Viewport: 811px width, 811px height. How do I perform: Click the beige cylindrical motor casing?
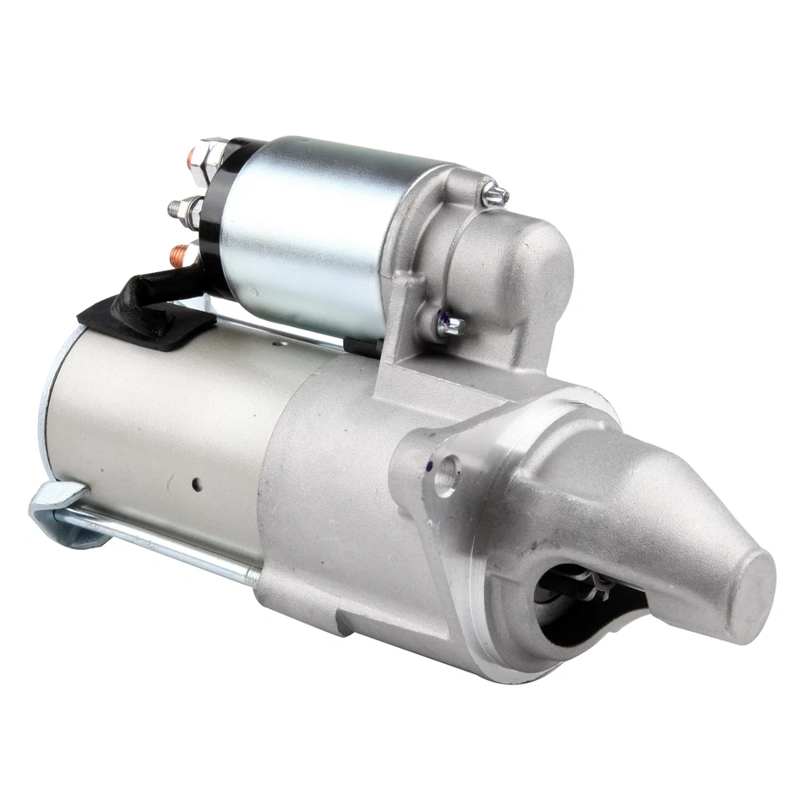(161, 422)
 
